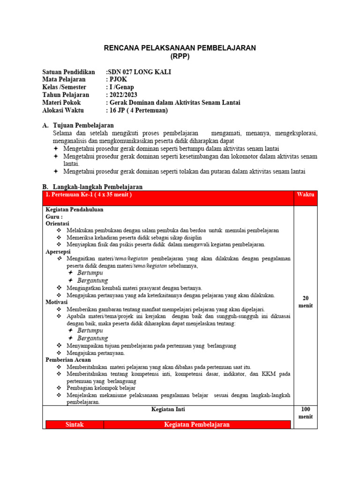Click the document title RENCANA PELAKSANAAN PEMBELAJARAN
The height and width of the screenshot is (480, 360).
180,48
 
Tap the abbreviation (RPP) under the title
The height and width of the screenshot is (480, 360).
180,56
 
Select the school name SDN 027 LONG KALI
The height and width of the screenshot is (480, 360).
139,72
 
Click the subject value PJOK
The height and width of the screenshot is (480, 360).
117,80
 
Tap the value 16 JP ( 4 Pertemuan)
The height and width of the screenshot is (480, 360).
137,111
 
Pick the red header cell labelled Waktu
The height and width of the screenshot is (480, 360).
306,195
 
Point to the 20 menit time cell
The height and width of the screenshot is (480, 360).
305,302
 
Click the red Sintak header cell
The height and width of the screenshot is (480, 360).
75,425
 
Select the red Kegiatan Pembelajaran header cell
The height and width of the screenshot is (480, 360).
196,425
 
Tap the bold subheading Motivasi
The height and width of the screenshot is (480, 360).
56,302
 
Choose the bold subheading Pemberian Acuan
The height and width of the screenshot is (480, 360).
65,360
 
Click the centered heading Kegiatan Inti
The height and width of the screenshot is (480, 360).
168,409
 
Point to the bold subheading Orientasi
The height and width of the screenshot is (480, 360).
57,224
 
